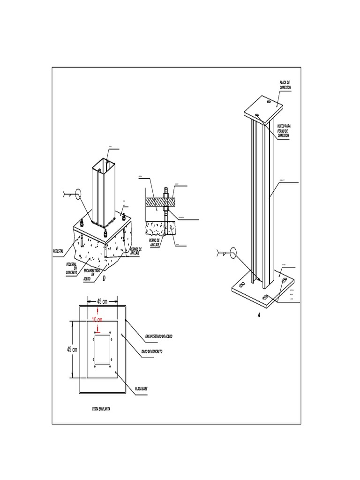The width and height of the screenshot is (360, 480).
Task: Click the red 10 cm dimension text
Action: click(97, 319)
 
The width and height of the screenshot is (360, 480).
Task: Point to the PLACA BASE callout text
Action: click(141, 389)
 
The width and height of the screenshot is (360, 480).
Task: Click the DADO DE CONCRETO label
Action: click(152, 351)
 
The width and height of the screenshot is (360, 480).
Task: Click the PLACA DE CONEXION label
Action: click(285, 85)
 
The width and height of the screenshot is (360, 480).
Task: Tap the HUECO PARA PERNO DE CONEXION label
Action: click(285, 131)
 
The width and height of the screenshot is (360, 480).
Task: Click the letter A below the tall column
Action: click(258, 316)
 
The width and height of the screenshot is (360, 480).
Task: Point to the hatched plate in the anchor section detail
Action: click(159, 201)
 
